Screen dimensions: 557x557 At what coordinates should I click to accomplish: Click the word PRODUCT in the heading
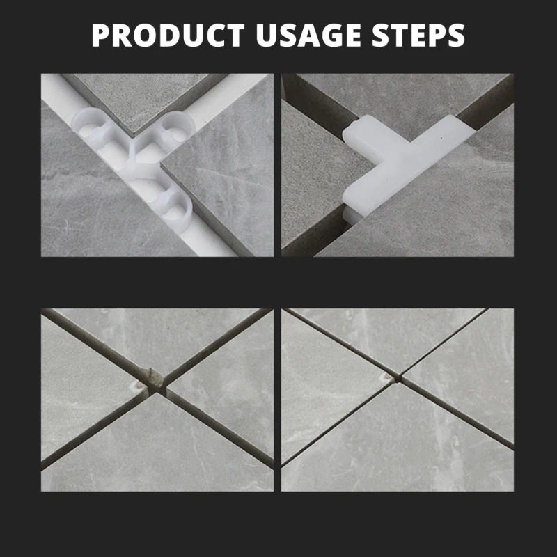[168, 36]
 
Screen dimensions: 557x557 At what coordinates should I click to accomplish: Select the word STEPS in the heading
[418, 36]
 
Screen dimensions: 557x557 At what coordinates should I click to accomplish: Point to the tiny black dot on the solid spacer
[441, 137]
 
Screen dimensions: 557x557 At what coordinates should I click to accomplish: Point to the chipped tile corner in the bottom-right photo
[386, 377]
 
